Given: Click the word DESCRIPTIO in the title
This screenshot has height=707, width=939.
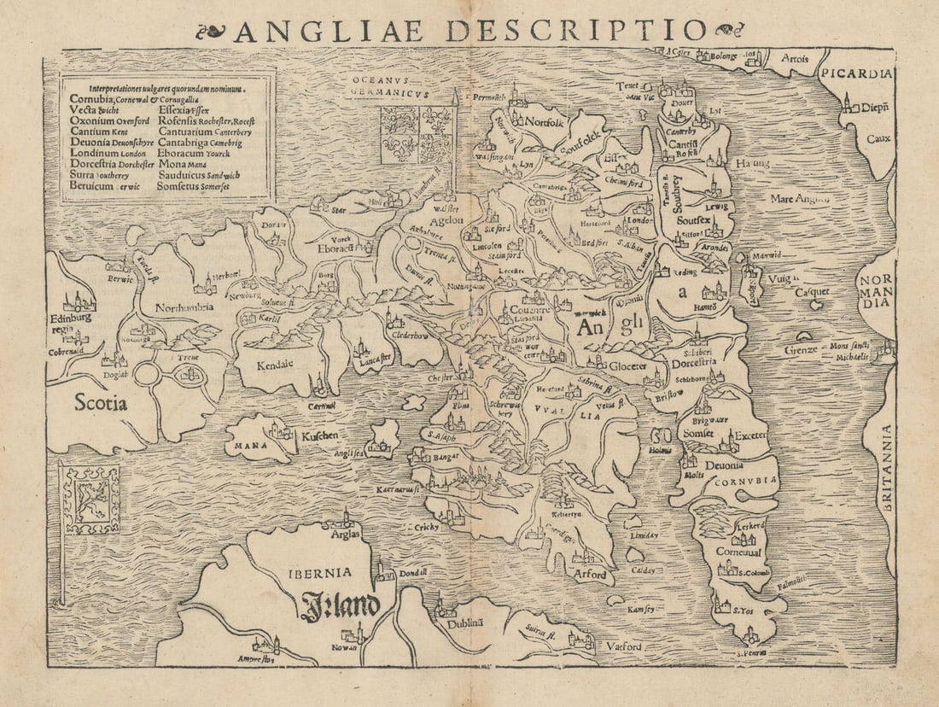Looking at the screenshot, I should tap(576, 30).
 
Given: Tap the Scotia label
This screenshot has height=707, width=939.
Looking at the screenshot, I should tap(100, 402).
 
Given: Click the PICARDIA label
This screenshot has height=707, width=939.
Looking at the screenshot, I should tap(858, 73).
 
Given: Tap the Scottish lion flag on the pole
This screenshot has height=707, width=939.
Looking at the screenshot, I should tap(91, 500).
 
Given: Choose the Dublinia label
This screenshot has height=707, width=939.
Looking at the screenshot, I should tap(466, 623).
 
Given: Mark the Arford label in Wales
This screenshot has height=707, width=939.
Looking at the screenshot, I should tap(590, 575).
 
